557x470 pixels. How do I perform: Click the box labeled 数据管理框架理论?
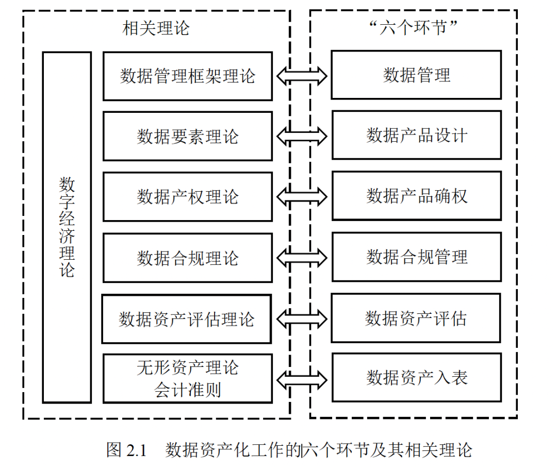187,76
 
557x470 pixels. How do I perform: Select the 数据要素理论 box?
187,137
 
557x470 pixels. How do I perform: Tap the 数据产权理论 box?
187,197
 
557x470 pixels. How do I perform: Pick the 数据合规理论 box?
187,258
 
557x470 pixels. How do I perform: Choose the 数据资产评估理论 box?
186,319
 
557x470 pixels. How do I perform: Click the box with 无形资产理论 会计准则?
187,378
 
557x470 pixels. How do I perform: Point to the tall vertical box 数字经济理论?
67,227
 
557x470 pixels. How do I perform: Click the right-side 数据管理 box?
416,75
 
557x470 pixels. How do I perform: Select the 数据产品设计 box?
416,135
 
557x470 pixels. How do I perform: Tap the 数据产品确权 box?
416,196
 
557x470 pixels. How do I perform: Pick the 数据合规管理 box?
416,257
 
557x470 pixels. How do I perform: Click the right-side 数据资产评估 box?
416,318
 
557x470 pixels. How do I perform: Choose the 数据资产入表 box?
416,378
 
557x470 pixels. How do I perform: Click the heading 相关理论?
156,28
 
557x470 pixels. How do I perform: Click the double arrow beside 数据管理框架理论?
302,76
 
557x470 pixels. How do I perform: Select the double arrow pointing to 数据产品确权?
302,196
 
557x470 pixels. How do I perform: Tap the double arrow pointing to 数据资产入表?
302,379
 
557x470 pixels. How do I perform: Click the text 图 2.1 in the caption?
127,450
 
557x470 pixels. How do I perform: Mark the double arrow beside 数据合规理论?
302,257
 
